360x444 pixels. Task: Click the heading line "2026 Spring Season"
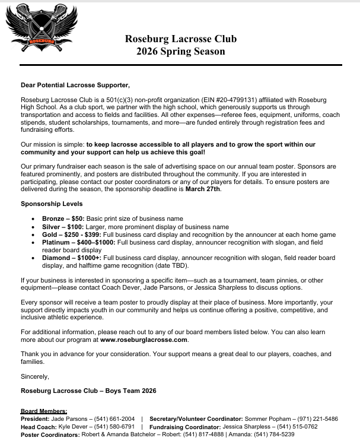pos(180,52)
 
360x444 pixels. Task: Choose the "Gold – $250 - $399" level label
pos(74,234)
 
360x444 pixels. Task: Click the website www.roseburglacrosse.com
pos(144,340)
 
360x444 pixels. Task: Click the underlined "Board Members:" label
pos(44,411)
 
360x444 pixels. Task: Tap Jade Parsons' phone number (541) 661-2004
pos(115,418)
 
